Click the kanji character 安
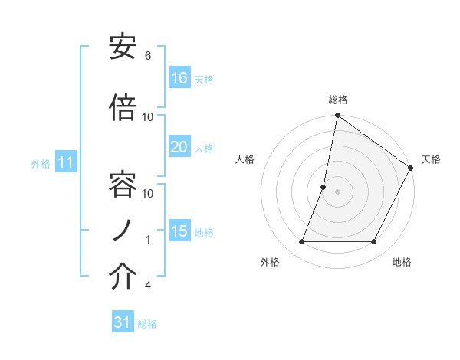pyautogui.click(x=123, y=48)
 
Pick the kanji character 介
pyautogui.click(x=123, y=277)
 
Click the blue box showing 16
pyautogui.click(x=179, y=78)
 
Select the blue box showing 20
pyautogui.click(x=179, y=147)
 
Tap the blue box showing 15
pyautogui.click(x=179, y=231)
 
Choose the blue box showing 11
pyautogui.click(x=66, y=162)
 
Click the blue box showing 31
pyautogui.click(x=123, y=323)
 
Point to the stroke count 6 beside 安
pyautogui.click(x=148, y=56)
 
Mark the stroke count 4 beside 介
pyautogui.click(x=148, y=286)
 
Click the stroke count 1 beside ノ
pyautogui.click(x=148, y=240)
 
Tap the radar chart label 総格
pyautogui.click(x=338, y=100)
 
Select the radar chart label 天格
pyautogui.click(x=431, y=159)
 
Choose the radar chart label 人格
pyautogui.click(x=245, y=159)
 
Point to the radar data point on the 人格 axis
pyautogui.click(x=324, y=187)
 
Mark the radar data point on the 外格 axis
pyautogui.click(x=301, y=242)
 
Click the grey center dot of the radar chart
pyautogui.click(x=338, y=191)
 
